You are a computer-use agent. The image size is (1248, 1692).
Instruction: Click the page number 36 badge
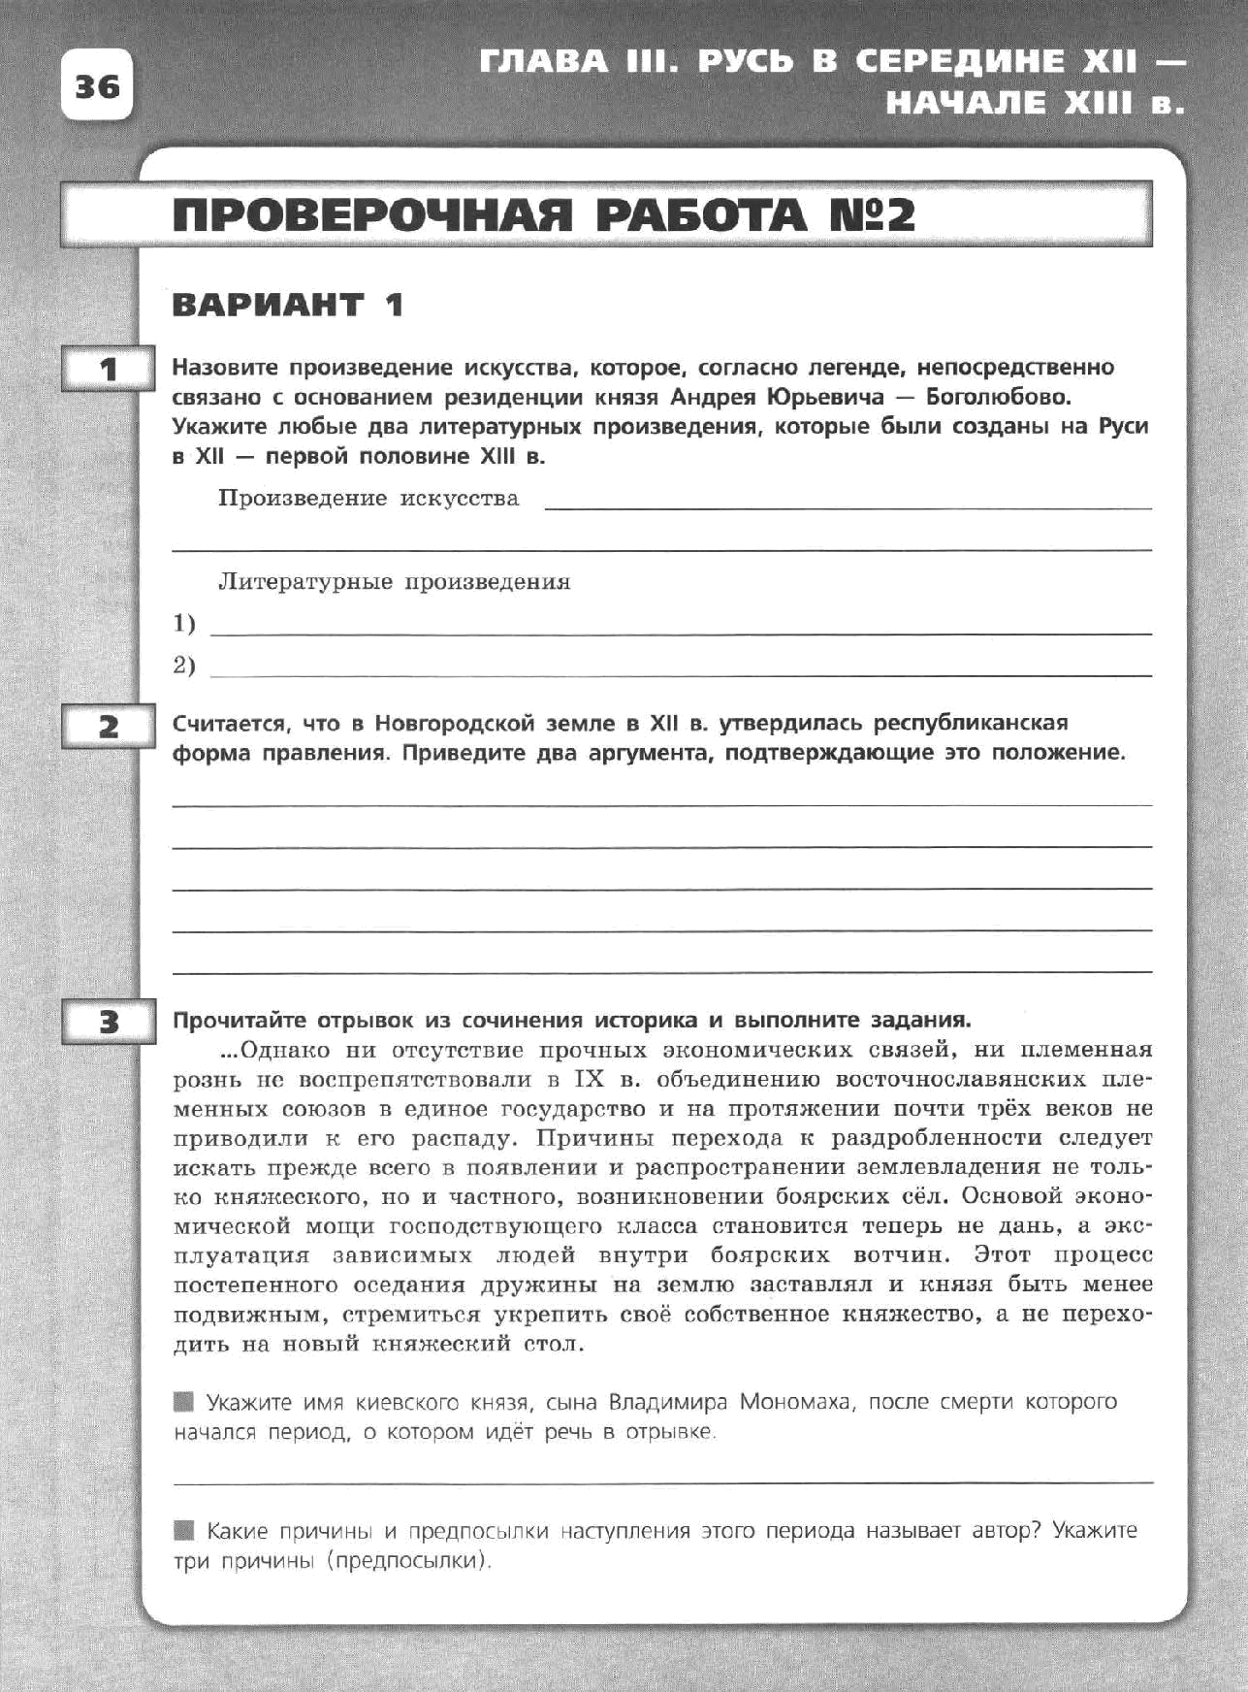(96, 85)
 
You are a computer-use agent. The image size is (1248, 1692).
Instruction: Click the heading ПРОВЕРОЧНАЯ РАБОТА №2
(543, 214)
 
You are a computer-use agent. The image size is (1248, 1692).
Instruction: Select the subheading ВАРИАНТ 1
(287, 305)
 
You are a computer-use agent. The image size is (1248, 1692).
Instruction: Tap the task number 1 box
(108, 369)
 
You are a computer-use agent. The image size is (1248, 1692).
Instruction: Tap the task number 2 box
(108, 726)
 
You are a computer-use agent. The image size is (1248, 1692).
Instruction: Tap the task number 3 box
(108, 1022)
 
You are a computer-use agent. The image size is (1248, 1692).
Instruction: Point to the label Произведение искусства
(368, 499)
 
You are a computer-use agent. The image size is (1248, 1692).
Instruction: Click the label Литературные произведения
(394, 582)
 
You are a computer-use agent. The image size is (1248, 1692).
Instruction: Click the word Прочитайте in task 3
(233, 1021)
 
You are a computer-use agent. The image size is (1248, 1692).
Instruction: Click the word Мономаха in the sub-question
(795, 1402)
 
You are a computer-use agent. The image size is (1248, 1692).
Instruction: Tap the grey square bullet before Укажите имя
(183, 1402)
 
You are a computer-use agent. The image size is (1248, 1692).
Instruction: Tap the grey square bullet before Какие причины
(183, 1531)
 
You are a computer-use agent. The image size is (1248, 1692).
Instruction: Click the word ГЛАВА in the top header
(543, 62)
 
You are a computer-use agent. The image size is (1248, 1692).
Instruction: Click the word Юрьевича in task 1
(825, 397)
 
